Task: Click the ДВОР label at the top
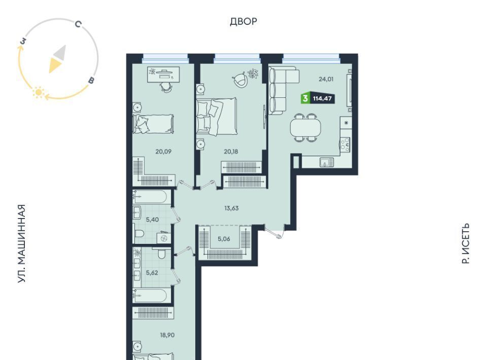click(x=243, y=21)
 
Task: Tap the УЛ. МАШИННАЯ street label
click(x=21, y=243)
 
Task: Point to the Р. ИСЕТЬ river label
click(x=465, y=243)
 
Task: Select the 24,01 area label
click(x=326, y=79)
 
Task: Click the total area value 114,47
click(x=323, y=99)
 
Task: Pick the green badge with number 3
click(x=305, y=99)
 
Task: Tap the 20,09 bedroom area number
click(x=163, y=152)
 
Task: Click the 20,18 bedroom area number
click(x=231, y=152)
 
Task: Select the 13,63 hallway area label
click(x=231, y=208)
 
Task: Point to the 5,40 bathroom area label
click(x=152, y=220)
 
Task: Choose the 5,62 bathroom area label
click(x=152, y=273)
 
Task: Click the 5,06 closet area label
click(x=224, y=239)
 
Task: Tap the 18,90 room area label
click(x=167, y=335)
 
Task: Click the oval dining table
click(x=305, y=128)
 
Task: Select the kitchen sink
click(x=327, y=162)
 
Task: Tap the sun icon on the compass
click(x=39, y=92)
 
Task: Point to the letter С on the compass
click(x=78, y=24)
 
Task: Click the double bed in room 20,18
click(x=217, y=117)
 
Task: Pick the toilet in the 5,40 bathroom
click(x=138, y=233)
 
